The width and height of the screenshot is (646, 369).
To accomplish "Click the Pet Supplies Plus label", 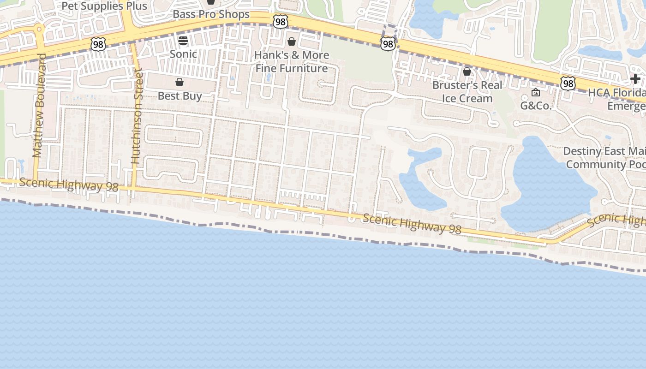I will [x=104, y=6].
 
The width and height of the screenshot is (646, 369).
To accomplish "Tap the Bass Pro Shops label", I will [x=211, y=14].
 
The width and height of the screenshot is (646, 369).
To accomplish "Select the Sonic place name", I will [x=183, y=54].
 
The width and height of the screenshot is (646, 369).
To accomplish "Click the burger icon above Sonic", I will [x=183, y=41].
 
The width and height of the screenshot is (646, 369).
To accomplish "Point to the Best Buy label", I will [x=180, y=96].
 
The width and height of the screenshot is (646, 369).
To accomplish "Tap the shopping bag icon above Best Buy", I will [x=179, y=82].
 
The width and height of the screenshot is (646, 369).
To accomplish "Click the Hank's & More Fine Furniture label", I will [x=292, y=62].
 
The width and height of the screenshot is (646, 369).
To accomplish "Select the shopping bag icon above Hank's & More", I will [x=292, y=42].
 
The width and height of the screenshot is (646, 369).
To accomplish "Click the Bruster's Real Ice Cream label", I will [x=467, y=92].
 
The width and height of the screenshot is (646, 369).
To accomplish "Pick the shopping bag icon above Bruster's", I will [x=467, y=71].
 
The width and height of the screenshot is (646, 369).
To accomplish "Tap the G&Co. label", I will [x=536, y=106].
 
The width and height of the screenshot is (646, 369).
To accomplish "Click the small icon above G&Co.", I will [x=536, y=92].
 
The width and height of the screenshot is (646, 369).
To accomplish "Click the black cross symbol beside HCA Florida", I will [x=635, y=79].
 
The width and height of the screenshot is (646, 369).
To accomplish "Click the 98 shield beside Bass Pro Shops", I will [x=280, y=21].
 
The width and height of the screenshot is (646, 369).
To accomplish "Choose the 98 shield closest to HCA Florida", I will [x=568, y=83].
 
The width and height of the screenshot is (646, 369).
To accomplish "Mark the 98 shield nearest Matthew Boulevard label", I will [x=98, y=44].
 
